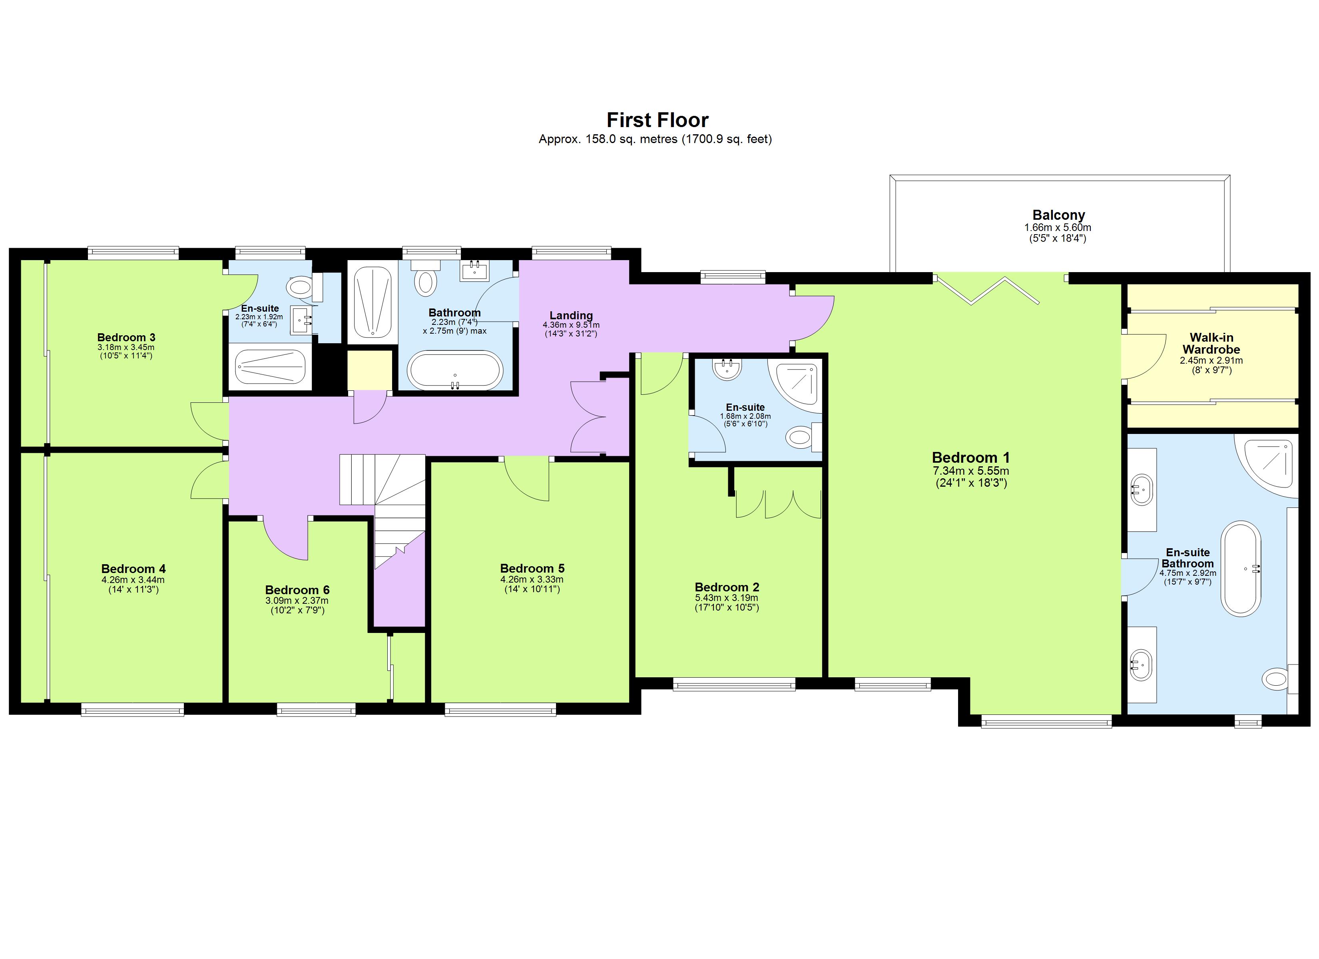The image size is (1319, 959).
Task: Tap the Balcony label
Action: pos(1058,215)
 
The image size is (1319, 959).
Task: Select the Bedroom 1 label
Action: pos(970,457)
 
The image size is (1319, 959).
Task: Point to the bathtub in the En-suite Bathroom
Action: pos(1241,568)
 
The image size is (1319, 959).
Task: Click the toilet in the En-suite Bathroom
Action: pos(1276,678)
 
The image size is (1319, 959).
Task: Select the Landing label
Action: pos(571,316)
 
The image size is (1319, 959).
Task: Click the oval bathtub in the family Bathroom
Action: pos(455,370)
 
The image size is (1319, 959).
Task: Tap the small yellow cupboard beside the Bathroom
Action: pos(369,370)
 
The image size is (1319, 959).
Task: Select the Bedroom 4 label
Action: pos(133,569)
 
